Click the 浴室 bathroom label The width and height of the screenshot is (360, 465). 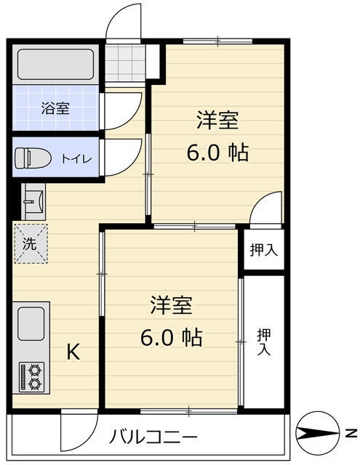point(55,109)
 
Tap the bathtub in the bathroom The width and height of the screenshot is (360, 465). point(55,65)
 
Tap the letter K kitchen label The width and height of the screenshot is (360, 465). point(74,352)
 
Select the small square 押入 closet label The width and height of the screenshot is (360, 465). point(264,251)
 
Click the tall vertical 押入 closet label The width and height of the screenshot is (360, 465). point(264,341)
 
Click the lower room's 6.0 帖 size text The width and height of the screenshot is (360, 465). point(172,337)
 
